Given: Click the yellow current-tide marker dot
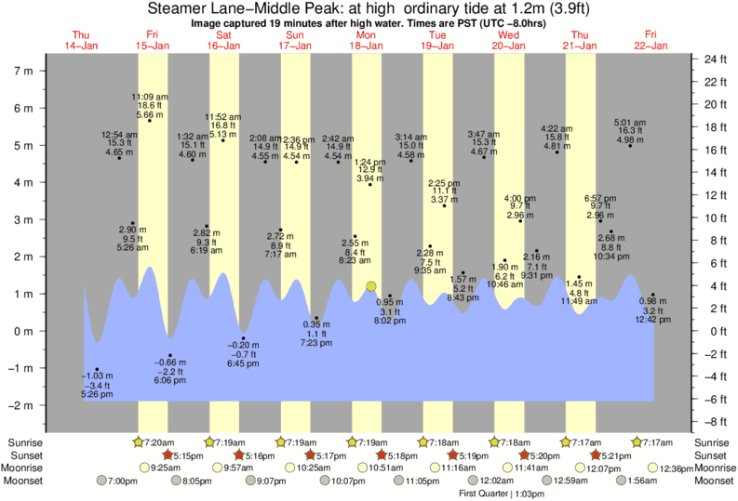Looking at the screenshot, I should pos(371,287).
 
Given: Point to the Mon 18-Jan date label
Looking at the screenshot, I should pos(366,39).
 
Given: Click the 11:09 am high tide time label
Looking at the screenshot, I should pos(149,97).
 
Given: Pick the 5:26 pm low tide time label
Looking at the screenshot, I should pos(97,394).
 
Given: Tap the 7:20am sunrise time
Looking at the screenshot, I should pos(163,442).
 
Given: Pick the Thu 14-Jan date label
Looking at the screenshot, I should pos(81,39).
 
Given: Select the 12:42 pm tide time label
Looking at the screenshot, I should pos(652,320).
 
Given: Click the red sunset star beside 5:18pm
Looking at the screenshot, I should pos(381,455).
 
